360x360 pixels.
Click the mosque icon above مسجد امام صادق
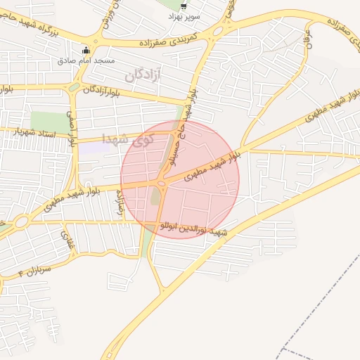86,51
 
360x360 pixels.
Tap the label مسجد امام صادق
86,62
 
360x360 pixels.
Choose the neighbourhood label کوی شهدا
122,139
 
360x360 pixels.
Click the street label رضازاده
127,207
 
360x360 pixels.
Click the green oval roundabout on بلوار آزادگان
74,87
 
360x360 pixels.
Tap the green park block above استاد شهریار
47,120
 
